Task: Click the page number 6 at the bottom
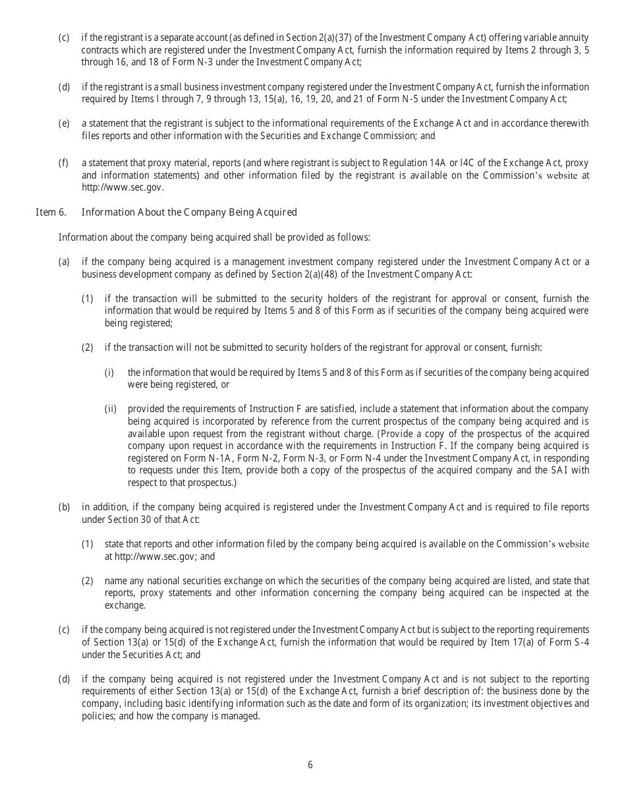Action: tap(310, 765)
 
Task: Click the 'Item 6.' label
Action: tap(50, 212)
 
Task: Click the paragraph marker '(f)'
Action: tap(64, 162)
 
